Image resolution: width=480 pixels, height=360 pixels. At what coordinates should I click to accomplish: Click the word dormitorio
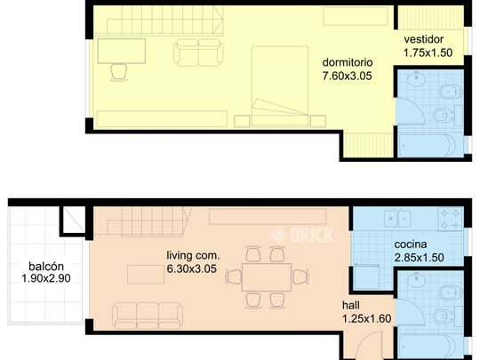click(348, 62)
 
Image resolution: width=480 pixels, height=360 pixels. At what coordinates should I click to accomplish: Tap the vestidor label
click(423, 39)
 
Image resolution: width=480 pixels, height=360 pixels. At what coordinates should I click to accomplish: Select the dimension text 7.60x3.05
click(348, 76)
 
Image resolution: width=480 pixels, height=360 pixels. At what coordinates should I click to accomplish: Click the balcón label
click(46, 267)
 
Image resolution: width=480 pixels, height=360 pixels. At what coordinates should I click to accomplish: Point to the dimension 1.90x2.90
click(46, 278)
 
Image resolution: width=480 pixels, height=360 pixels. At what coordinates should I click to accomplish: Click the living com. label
click(193, 255)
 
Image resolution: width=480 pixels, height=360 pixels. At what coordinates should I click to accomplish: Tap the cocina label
click(411, 244)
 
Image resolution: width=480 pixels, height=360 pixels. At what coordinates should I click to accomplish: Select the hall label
click(351, 305)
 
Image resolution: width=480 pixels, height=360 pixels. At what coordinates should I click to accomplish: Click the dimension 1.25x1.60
click(366, 319)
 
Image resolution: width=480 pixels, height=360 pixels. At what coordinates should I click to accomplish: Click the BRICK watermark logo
click(302, 235)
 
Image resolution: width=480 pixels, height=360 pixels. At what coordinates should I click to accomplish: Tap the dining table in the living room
click(267, 277)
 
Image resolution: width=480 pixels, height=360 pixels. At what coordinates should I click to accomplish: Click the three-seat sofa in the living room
click(148, 316)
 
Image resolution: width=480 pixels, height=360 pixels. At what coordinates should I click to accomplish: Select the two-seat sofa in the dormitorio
click(198, 52)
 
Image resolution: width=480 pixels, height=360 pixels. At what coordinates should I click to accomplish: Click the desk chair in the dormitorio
click(118, 72)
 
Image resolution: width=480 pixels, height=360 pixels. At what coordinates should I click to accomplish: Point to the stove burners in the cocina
click(450, 219)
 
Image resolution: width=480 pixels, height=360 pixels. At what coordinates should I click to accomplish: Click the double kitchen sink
click(397, 218)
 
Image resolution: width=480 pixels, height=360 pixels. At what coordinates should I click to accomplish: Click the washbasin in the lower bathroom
click(416, 280)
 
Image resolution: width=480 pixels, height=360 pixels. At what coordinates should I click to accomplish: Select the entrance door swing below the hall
click(370, 346)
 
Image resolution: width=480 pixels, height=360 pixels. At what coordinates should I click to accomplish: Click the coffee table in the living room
click(146, 275)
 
